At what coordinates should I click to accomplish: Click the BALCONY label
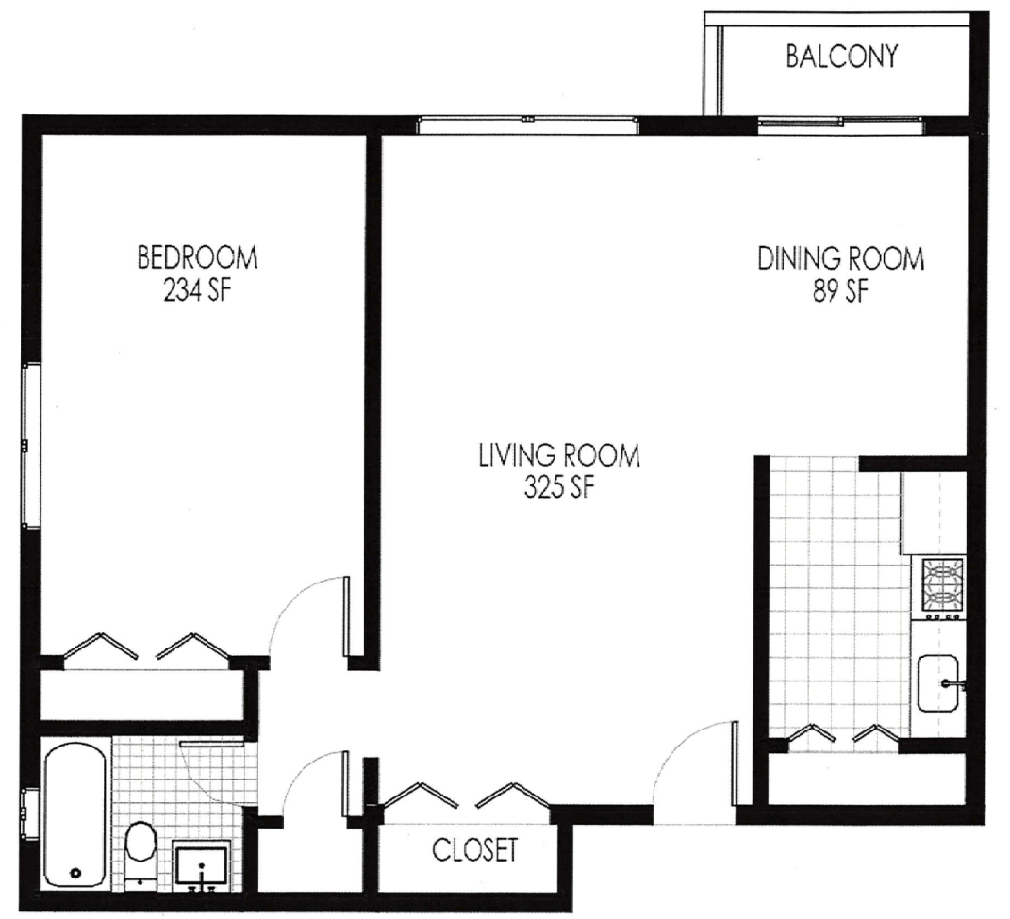click(x=841, y=57)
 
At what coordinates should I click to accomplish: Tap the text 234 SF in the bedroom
click(x=197, y=290)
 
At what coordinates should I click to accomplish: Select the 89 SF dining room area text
click(x=840, y=292)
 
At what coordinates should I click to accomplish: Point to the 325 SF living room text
click(x=558, y=488)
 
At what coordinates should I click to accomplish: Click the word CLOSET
click(x=474, y=850)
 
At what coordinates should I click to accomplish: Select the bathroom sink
click(x=201, y=866)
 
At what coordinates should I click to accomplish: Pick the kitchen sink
click(x=937, y=683)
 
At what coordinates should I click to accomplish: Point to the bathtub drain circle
click(x=76, y=873)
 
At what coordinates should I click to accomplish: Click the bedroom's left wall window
click(x=28, y=445)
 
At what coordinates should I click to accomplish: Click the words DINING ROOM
click(x=840, y=258)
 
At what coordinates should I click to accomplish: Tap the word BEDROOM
click(x=197, y=257)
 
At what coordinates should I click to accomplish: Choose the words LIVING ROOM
click(x=559, y=455)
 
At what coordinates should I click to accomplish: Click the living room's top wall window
click(x=527, y=124)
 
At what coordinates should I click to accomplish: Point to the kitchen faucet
click(x=952, y=684)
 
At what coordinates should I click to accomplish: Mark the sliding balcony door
click(x=839, y=124)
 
